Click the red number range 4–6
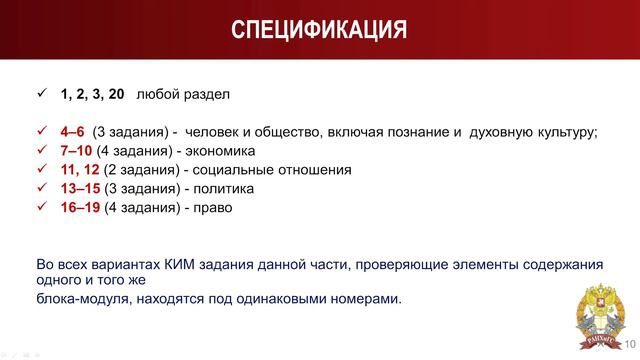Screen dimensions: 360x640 tap(73, 132)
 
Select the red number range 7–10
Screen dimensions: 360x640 tap(76, 151)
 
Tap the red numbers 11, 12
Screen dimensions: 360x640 tap(80, 170)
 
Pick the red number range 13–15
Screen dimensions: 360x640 tap(80, 188)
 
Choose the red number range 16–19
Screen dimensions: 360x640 tap(80, 207)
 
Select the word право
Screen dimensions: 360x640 tap(208, 207)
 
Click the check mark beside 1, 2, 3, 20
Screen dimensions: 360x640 tap(41, 95)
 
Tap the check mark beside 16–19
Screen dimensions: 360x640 tap(41, 207)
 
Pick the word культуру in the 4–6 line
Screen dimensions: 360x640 tap(563, 132)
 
